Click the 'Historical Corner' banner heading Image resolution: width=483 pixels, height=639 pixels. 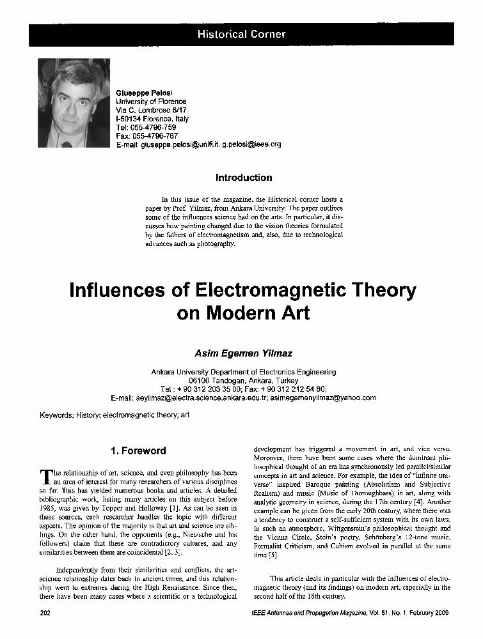click(241, 35)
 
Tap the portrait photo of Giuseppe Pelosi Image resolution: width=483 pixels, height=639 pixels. click(74, 103)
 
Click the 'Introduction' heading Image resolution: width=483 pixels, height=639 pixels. click(244, 178)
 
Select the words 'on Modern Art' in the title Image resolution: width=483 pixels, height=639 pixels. click(243, 314)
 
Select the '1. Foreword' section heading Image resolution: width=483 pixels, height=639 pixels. click(138, 450)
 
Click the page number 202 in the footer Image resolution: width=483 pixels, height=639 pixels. click(45, 613)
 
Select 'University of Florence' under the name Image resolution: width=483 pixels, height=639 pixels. click(151, 102)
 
